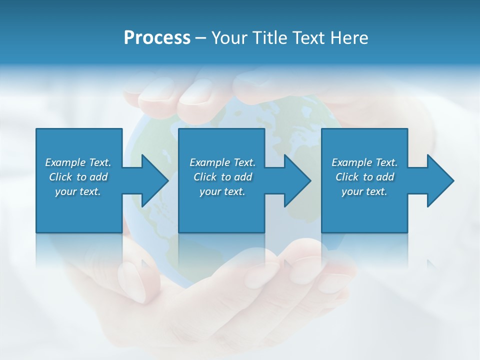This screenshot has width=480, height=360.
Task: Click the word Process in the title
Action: [x=157, y=38]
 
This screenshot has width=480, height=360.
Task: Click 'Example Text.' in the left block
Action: [x=78, y=162]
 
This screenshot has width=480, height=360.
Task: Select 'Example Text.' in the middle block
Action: [x=222, y=162]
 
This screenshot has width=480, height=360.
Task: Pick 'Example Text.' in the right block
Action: [x=364, y=162]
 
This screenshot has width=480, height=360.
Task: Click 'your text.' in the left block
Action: [x=78, y=191]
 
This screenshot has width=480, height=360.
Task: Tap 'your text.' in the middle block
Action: [x=222, y=191]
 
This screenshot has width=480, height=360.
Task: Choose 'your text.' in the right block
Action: [x=364, y=191]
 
